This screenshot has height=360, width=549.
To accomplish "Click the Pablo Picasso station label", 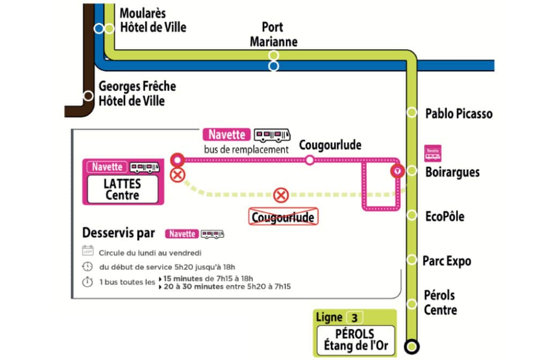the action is pyautogui.click(x=459, y=114).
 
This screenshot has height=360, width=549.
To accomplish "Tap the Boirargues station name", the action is pyautogui.click(x=452, y=172).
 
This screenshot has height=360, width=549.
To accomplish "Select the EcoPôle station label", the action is pyautogui.click(x=444, y=216).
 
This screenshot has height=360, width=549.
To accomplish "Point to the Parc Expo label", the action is pyautogui.click(x=447, y=261).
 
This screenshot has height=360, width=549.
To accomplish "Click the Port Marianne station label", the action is pyautogui.click(x=273, y=34).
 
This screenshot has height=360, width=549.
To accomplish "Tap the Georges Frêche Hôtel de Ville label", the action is pyautogui.click(x=137, y=93).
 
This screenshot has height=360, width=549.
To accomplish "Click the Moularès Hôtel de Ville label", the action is pyautogui.click(x=153, y=20).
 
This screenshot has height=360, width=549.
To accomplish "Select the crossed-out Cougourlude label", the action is pyautogui.click(x=283, y=217).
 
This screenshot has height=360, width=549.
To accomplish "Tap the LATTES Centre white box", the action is pyautogui.click(x=123, y=189).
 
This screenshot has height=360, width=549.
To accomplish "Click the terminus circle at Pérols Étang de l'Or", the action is pyautogui.click(x=412, y=347).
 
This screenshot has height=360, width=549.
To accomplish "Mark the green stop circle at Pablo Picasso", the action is pyautogui.click(x=412, y=112).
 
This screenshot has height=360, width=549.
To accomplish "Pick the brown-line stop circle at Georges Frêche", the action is pyautogui.click(x=88, y=95).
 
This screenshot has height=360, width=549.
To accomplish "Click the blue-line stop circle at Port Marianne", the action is pyautogui.click(x=273, y=66).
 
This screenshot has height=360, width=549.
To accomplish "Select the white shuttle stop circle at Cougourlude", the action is pyautogui.click(x=309, y=160).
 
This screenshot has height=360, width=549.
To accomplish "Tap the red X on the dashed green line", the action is pyautogui.click(x=280, y=195).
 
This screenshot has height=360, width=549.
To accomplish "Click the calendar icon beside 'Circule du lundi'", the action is pyautogui.click(x=87, y=251).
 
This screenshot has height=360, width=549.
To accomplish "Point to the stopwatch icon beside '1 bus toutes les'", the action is pyautogui.click(x=87, y=282).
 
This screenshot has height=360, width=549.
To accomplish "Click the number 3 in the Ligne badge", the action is pyautogui.click(x=354, y=318).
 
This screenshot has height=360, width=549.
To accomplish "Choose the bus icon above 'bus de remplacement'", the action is pyautogui.click(x=272, y=135).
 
